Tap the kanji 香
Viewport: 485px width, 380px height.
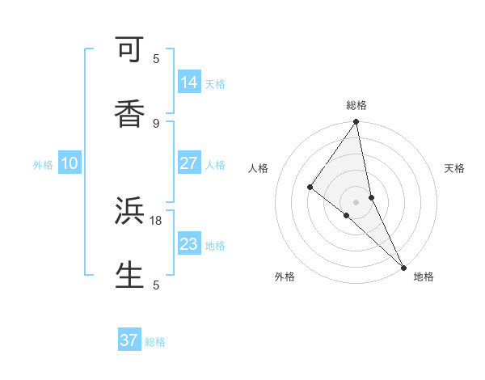tap(129, 114)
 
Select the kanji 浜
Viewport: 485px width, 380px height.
tap(129, 212)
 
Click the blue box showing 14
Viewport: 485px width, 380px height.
tap(189, 82)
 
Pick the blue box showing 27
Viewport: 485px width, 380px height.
tap(188, 163)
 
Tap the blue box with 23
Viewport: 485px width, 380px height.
tap(188, 244)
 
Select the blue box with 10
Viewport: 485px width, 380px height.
tap(70, 163)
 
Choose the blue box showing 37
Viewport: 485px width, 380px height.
tap(129, 340)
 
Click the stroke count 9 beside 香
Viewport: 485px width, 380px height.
tap(156, 123)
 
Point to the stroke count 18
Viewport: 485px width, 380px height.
tap(156, 220)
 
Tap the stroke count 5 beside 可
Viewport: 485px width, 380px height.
tap(156, 58)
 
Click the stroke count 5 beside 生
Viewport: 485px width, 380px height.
tap(156, 285)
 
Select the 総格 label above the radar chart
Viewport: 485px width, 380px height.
tap(356, 105)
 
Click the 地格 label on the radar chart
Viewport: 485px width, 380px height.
tap(424, 277)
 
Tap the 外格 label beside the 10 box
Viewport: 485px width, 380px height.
tap(43, 165)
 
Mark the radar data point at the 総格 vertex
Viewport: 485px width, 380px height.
tap(356, 122)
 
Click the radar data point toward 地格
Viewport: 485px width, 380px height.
tap(403, 266)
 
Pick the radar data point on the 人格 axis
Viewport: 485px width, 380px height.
tap(310, 187)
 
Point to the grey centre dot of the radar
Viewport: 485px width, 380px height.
tap(356, 201)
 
